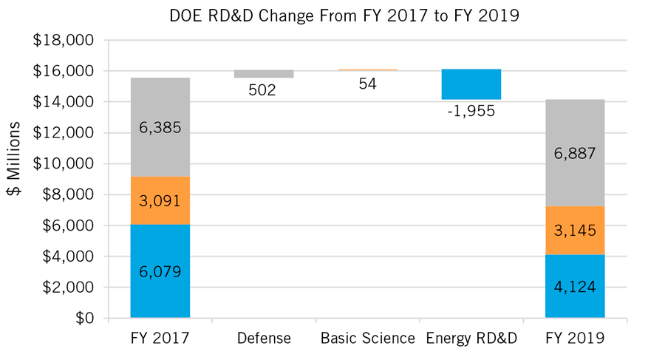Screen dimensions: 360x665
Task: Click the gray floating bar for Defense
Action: pos(264,74)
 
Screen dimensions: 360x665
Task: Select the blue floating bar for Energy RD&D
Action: pos(471,84)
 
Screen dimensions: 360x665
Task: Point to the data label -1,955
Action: pos(471,112)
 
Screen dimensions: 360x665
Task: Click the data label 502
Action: pos(264,90)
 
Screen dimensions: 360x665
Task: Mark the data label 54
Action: pos(367,84)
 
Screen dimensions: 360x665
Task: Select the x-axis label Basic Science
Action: pos(367,339)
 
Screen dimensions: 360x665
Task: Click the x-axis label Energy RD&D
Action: pos(471,339)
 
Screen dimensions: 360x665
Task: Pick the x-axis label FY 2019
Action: pos(574,339)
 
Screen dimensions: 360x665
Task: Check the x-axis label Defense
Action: pos(264,339)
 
